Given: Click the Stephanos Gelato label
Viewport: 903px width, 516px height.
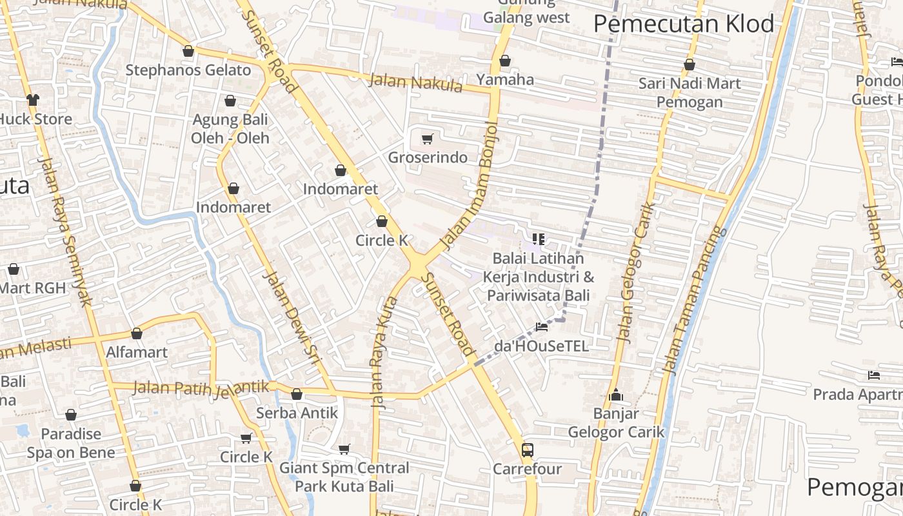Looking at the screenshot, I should [x=188, y=70].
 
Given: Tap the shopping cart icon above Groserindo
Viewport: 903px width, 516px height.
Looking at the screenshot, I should [x=427, y=139].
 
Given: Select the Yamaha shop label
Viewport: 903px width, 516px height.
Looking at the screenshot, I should [x=505, y=79].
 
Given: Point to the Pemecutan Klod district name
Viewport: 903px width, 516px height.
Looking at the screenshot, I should [x=684, y=24].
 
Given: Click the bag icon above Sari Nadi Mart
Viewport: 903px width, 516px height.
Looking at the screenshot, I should [x=690, y=64].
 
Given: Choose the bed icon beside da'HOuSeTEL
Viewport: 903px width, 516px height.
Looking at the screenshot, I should [x=542, y=327].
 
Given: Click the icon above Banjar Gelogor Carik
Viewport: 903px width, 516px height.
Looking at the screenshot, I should [x=616, y=395].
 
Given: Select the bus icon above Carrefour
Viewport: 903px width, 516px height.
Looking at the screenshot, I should [x=528, y=450].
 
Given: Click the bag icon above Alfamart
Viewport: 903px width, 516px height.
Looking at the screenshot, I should [x=137, y=333].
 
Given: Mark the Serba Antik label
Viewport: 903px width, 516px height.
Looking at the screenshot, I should [x=297, y=413].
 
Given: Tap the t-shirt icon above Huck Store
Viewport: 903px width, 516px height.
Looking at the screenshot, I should [x=32, y=100].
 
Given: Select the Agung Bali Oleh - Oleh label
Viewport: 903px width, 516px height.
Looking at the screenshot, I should [x=230, y=128].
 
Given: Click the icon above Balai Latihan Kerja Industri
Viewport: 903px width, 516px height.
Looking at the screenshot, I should [x=539, y=240].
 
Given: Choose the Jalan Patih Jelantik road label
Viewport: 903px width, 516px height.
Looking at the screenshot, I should [x=201, y=388].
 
